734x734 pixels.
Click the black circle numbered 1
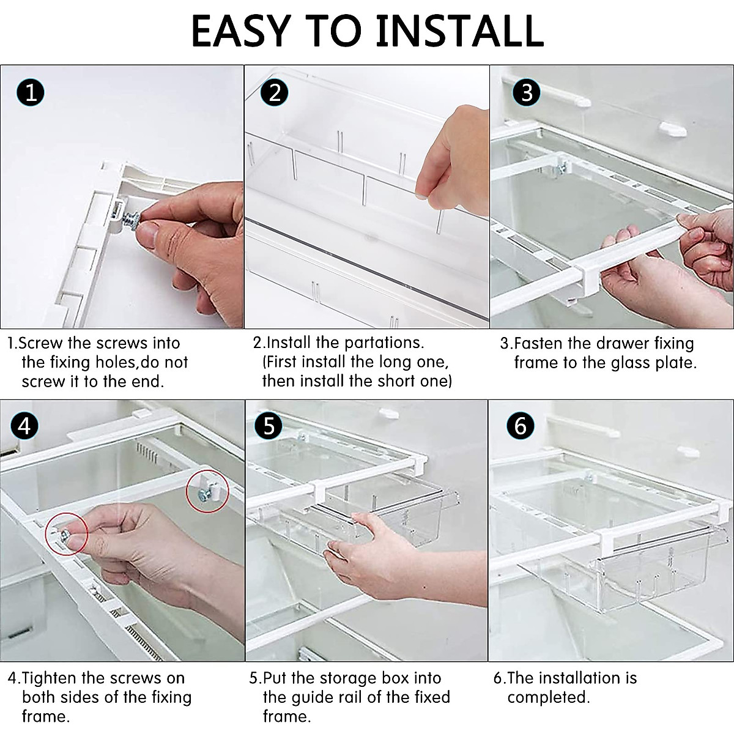31,93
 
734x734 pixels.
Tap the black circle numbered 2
275,93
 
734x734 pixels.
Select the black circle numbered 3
527,93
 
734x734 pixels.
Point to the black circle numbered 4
24,426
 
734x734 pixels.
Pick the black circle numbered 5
270,426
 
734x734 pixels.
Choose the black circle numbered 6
521,426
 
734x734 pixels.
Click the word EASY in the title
243,30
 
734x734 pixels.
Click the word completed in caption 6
548,697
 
